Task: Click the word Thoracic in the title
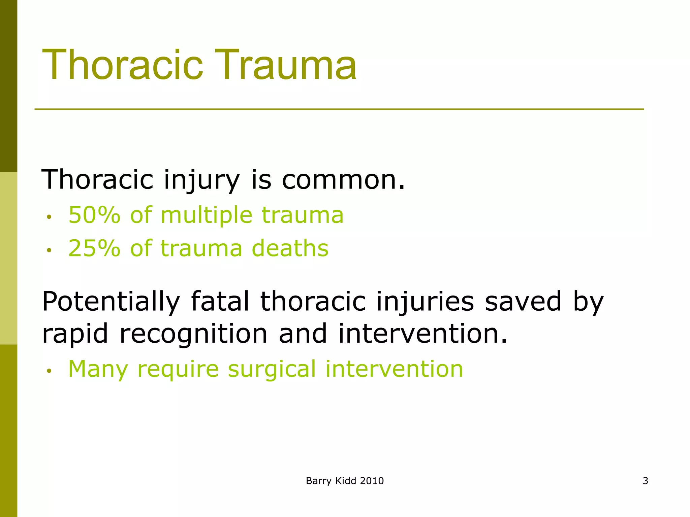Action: point(123,65)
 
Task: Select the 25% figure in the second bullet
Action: point(94,248)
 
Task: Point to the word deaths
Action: point(290,248)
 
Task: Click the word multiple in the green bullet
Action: point(207,215)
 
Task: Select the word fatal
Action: point(220,301)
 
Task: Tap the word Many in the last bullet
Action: point(98,370)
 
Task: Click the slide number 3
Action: point(645,481)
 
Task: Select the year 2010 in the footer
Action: point(372,481)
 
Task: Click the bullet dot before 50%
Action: point(49,217)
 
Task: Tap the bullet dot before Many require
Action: point(49,371)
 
